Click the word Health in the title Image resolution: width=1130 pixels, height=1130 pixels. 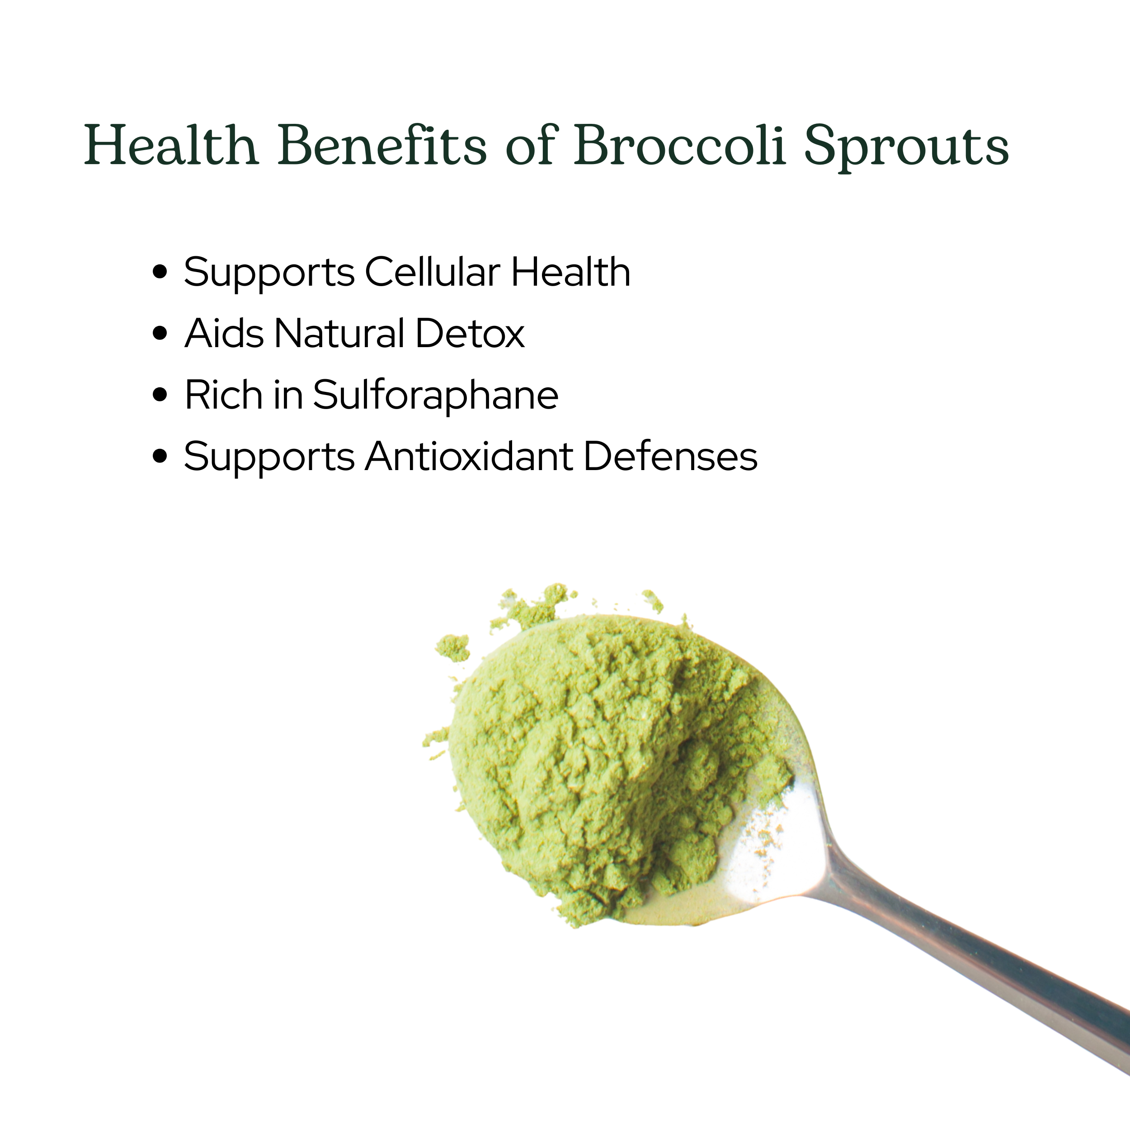click(171, 145)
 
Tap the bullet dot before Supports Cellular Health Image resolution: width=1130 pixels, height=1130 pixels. click(160, 273)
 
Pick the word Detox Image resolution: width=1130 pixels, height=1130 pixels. click(470, 334)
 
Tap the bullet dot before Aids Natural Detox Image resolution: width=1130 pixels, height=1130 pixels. click(160, 334)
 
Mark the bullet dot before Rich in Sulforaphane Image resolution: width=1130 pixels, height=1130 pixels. click(160, 395)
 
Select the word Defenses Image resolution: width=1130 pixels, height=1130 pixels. click(671, 456)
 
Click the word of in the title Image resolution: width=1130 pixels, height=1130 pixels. click(530, 145)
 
